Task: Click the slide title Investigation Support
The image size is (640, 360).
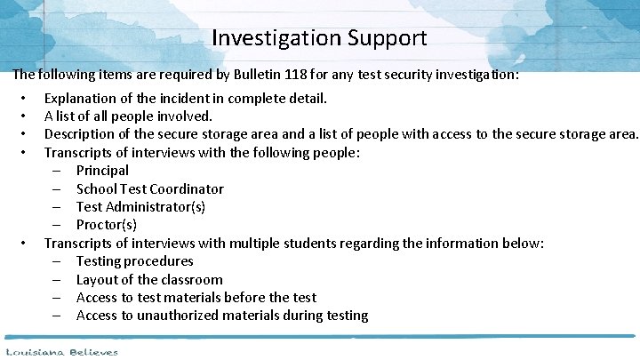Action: tap(320, 38)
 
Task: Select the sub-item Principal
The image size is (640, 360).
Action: tap(102, 170)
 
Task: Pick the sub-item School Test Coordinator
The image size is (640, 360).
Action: tap(149, 188)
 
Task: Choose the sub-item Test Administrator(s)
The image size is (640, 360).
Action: tap(140, 206)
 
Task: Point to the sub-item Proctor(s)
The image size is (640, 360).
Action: tap(106, 225)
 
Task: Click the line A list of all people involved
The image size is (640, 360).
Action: tap(128, 116)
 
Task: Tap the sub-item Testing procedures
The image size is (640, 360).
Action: tap(134, 261)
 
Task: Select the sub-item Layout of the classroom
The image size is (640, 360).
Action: tap(149, 279)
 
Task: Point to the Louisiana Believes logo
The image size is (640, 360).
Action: tap(60, 352)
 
